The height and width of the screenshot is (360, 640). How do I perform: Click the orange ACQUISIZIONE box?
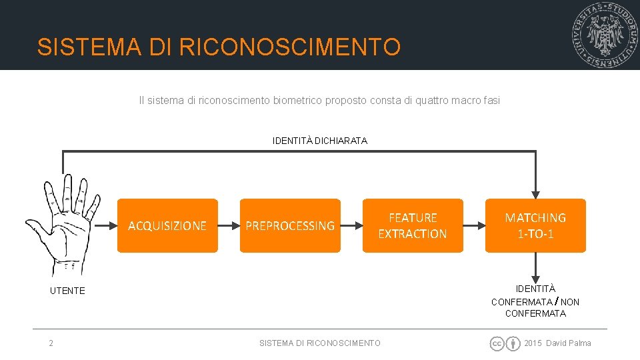pos(167,225)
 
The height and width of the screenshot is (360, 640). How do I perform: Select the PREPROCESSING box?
pos(290,225)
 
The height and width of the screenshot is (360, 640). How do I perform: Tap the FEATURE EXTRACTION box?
pos(413,225)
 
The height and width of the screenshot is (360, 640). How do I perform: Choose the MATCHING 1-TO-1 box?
pos(535,225)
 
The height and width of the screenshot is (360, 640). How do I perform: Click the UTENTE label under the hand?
pos(67,291)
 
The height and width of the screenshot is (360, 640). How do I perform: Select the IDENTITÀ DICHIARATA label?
pos(320,141)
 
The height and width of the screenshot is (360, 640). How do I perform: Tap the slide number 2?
pos(51,343)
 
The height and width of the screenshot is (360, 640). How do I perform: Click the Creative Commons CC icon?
pos(497,343)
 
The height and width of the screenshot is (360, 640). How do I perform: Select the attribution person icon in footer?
pos(513,343)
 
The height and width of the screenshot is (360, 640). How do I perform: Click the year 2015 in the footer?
pos(533,343)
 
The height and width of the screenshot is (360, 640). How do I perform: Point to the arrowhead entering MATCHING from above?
pos(535,193)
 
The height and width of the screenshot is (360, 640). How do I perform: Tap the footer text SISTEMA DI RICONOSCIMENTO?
pos(320,343)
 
